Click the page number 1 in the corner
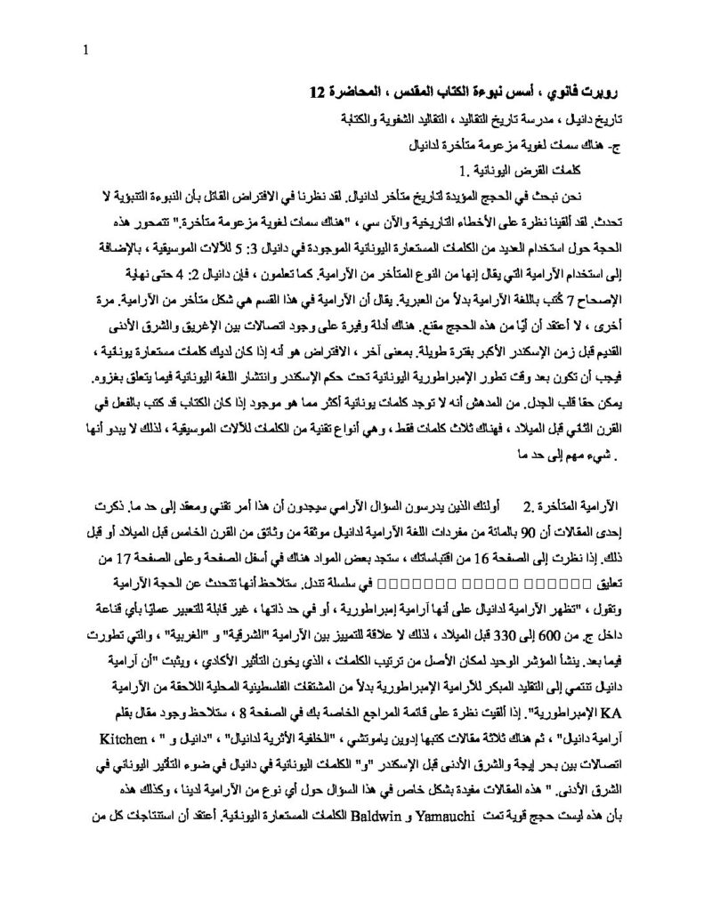pyautogui.click(x=84, y=52)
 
